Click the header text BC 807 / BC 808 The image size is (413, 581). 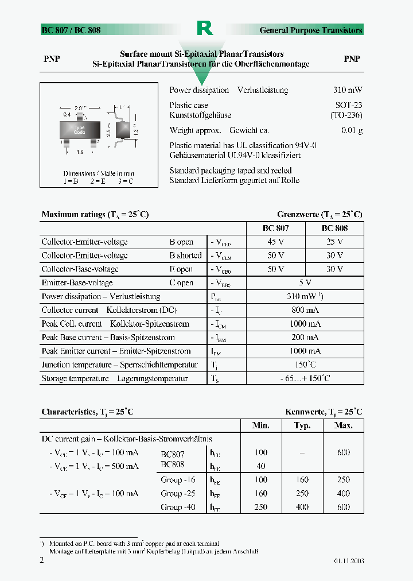tap(71, 30)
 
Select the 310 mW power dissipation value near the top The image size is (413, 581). tap(347, 90)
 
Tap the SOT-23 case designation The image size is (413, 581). tap(348, 105)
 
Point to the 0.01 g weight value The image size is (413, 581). tap(352, 130)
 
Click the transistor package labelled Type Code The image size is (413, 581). tap(79, 130)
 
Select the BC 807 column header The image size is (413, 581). tap(275, 228)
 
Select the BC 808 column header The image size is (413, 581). tap(334, 228)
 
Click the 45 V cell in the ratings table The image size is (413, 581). tap(275, 242)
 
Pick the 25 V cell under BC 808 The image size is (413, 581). tap(334, 242)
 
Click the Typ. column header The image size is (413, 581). tap(302, 425)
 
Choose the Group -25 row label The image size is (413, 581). tap(178, 493)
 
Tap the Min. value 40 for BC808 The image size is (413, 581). tap(261, 466)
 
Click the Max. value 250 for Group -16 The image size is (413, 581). tap(343, 480)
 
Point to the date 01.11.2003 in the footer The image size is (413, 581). tap(349, 561)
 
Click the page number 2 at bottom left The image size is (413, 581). tap(41, 560)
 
